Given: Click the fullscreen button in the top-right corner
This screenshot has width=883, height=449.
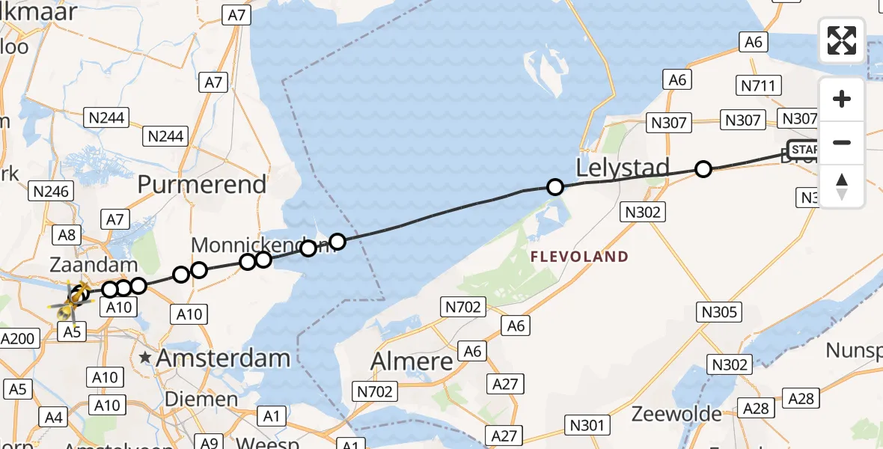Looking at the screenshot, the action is (842, 40).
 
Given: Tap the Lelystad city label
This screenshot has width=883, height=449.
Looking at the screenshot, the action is (621, 168).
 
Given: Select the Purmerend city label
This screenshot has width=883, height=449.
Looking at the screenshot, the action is (202, 184).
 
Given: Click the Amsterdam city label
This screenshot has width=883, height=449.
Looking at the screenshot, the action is (222, 358).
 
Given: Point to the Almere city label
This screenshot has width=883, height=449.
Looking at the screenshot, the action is (412, 362).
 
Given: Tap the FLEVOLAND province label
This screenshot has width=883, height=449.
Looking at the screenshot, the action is (579, 257).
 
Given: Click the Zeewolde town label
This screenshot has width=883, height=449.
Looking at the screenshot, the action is (676, 414).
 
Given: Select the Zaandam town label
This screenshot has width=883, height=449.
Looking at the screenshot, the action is (94, 265).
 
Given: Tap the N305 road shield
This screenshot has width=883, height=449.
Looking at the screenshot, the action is (719, 312).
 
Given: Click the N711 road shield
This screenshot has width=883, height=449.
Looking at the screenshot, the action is (760, 86).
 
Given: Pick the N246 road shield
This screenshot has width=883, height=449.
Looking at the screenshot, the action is (52, 192).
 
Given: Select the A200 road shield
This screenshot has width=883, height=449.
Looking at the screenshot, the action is (18, 338).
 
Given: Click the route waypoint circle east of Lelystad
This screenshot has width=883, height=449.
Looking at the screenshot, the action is (703, 169).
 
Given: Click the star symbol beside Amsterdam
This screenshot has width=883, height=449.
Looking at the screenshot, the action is (145, 358).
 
